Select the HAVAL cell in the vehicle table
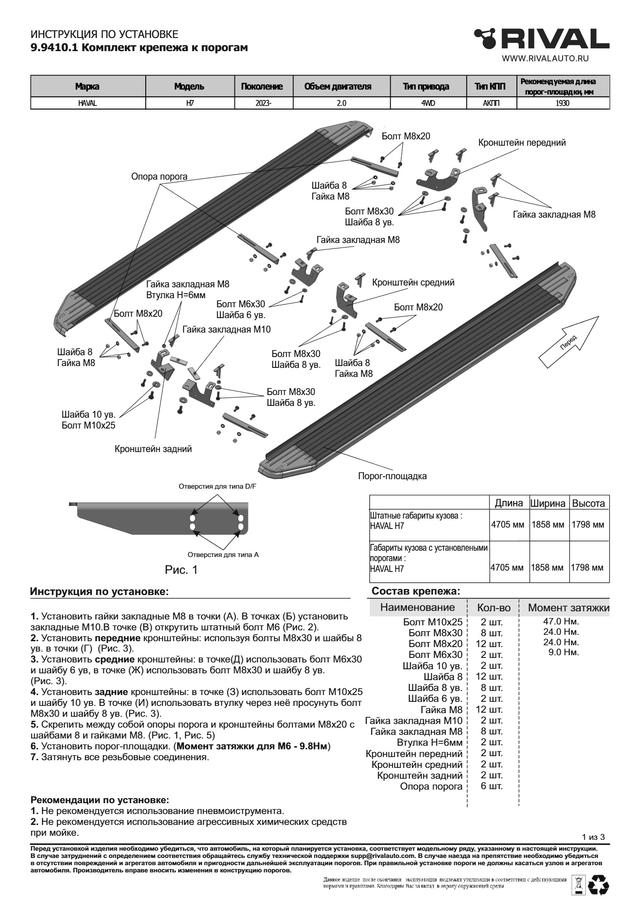pyautogui.click(x=87, y=103)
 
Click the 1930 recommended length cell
pyautogui.click(x=563, y=103)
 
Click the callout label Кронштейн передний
pyautogui.click(x=522, y=143)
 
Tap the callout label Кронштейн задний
pyautogui.click(x=153, y=449)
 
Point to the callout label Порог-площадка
pyautogui.click(x=392, y=476)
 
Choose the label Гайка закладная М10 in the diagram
pyautogui.click(x=226, y=329)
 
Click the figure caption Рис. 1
pyautogui.click(x=181, y=570)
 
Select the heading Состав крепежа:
pyautogui.click(x=416, y=591)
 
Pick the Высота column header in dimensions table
pyautogui.click(x=588, y=503)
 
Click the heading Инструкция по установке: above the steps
pyautogui.click(x=99, y=591)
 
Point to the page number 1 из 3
pyautogui.click(x=593, y=836)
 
